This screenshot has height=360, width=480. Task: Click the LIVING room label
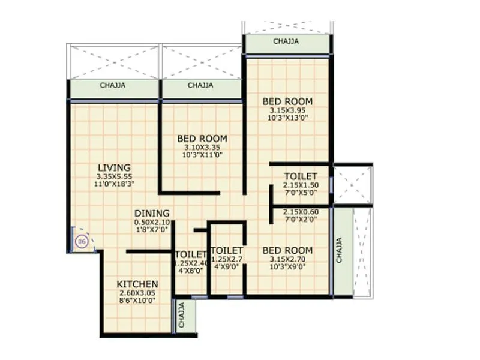point(113,167)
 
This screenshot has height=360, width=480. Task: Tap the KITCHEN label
point(137,284)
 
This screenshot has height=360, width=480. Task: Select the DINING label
point(151,213)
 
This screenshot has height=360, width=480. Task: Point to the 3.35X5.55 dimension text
point(113,176)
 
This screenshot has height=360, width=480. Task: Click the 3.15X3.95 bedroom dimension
point(288,111)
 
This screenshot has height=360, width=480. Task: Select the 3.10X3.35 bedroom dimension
point(202,148)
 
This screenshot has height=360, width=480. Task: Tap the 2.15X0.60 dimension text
point(301,211)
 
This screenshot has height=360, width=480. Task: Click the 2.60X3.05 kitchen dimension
point(137,293)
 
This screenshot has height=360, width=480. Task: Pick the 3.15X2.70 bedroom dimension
point(288,260)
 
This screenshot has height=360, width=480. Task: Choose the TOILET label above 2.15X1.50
point(301,176)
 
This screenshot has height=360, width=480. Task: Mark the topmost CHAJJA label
point(286,42)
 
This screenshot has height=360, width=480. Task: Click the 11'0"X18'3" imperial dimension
point(113,185)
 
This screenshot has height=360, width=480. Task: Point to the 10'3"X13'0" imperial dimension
point(288,119)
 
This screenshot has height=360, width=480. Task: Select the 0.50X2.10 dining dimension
point(151,222)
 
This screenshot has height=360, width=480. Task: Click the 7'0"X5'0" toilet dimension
point(301,194)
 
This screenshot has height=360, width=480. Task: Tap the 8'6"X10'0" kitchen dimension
point(137,301)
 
